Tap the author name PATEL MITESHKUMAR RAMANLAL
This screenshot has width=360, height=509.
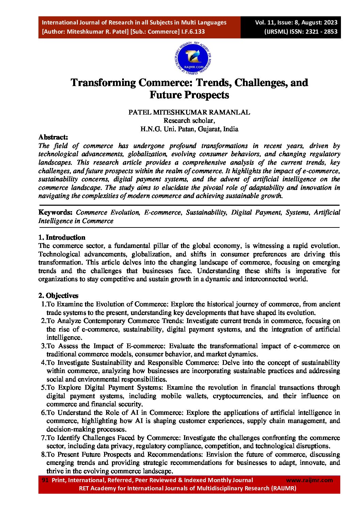click(189, 112)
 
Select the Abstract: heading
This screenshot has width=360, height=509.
click(53, 137)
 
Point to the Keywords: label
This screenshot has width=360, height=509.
click(55, 213)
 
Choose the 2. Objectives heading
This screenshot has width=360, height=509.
click(58, 295)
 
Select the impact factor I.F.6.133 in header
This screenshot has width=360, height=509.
click(193, 32)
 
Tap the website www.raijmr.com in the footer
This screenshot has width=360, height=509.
click(309, 480)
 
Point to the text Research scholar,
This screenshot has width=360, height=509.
click(189, 120)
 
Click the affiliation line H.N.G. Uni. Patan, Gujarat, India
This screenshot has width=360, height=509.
click(189, 129)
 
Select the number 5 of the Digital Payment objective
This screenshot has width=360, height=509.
click(43, 388)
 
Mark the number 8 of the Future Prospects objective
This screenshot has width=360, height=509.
click(43, 455)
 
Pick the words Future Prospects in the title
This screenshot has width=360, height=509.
click(189, 95)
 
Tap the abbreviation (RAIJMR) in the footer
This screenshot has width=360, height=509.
click(283, 488)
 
